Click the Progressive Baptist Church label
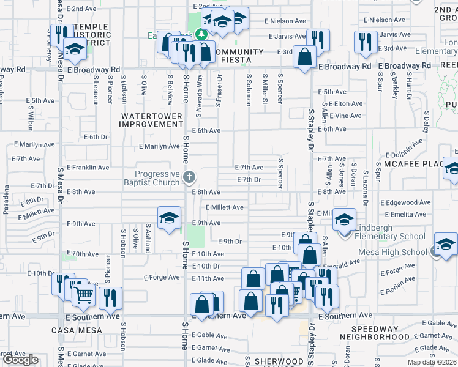(x=157, y=178)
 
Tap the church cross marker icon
(x=189, y=178)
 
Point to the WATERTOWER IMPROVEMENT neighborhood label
(x=152, y=120)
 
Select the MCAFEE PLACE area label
(x=413, y=164)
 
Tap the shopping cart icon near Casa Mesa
(x=83, y=297)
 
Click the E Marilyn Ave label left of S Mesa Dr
(x=34, y=145)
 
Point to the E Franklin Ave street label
(x=88, y=167)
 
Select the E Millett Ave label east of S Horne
(x=225, y=207)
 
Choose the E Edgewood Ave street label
(x=405, y=202)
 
